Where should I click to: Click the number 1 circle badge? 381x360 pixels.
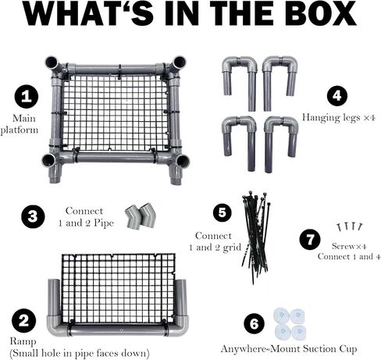click(26, 97)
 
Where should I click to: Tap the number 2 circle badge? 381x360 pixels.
click(23, 320)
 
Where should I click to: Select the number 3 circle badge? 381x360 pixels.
click(33, 216)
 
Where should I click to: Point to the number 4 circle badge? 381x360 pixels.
click(336, 96)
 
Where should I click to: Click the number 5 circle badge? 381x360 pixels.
click(223, 212)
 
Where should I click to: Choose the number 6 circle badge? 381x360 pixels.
click(254, 324)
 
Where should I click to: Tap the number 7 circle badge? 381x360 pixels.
click(310, 240)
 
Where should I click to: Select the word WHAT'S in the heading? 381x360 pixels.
click(89, 14)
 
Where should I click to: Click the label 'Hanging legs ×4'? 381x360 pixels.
click(339, 118)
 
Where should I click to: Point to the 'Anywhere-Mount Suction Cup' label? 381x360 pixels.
click(289, 349)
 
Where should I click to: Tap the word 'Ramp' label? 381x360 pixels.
click(23, 341)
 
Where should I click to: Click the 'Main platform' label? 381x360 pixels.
click(20, 124)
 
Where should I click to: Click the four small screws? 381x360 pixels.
click(349, 226)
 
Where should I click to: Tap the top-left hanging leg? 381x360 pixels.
click(240, 84)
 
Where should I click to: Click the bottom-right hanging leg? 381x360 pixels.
click(281, 144)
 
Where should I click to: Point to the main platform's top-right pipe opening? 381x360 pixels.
click(180, 62)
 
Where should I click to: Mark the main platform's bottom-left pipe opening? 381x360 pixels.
click(49, 160)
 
